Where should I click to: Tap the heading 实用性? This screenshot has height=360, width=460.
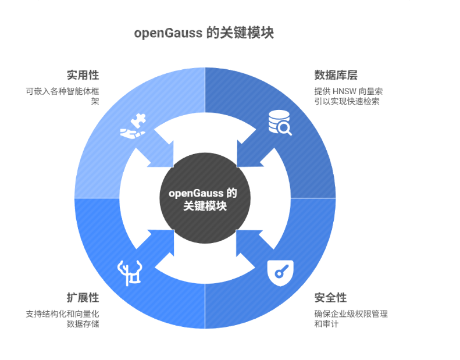pyautogui.click(x=83, y=75)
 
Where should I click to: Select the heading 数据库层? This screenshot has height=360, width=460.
pyautogui.click(x=336, y=75)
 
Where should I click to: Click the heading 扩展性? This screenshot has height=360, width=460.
pyautogui.click(x=83, y=298)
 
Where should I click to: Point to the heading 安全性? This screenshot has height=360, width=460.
pyautogui.click(x=330, y=298)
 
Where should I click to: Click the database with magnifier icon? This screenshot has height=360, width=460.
pyautogui.click(x=280, y=123)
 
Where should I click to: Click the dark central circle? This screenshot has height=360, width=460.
pyautogui.click(x=205, y=198)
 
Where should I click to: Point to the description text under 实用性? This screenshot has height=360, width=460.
pyautogui.click(x=62, y=96)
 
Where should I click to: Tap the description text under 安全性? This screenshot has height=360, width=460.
pyautogui.click(x=351, y=319)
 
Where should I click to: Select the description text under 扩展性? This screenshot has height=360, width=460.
pyautogui.click(x=62, y=319)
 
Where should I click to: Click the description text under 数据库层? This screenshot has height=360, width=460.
pyautogui.click(x=348, y=96)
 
